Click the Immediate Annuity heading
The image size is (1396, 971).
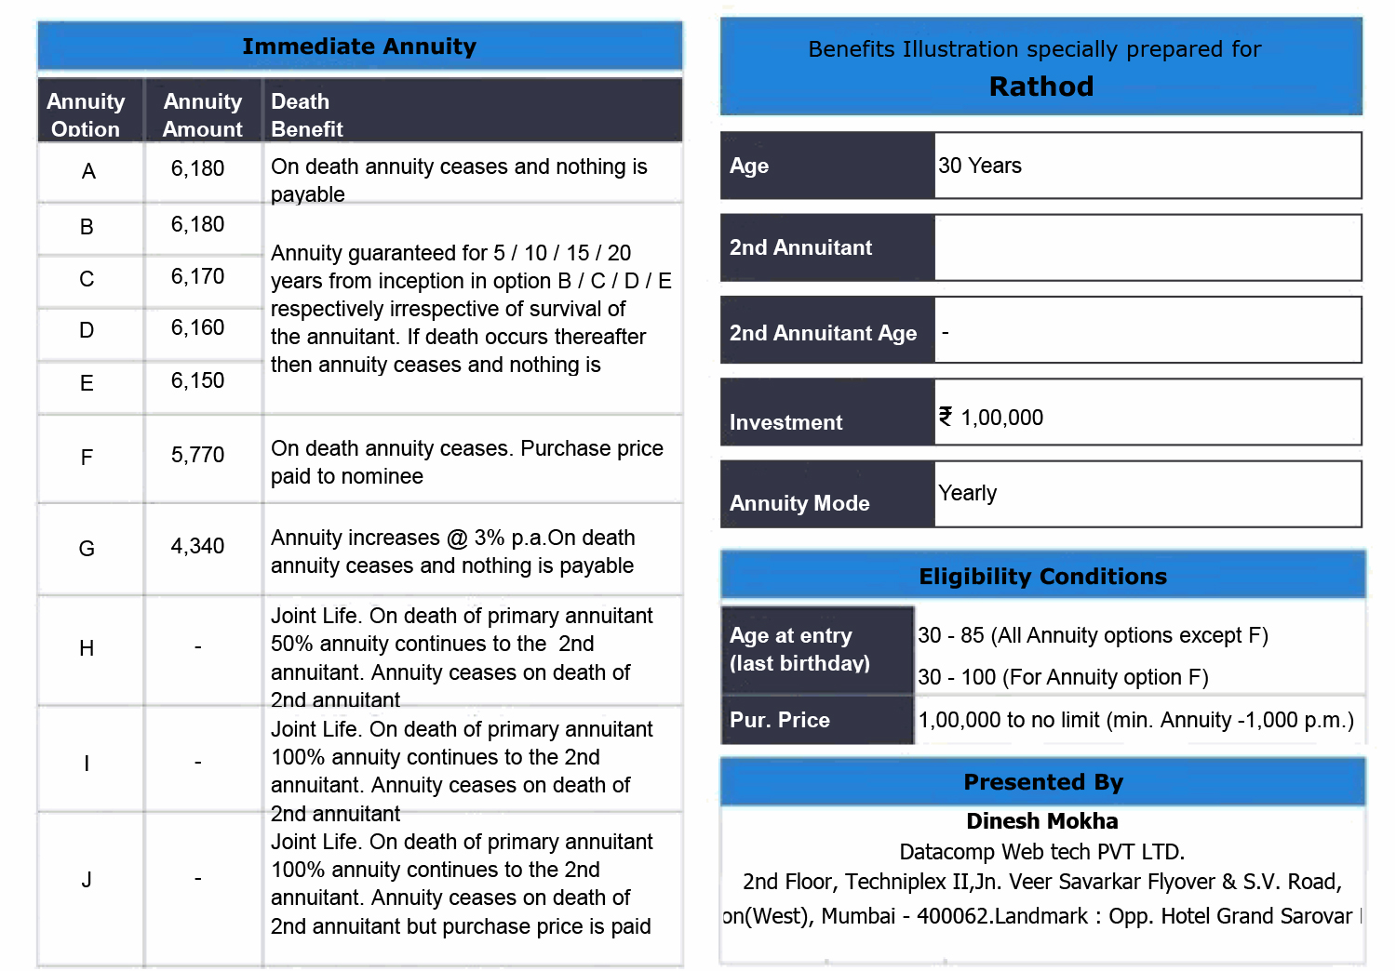[x=359, y=47]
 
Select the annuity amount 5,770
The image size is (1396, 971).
[x=197, y=455]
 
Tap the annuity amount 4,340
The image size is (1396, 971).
[x=197, y=546]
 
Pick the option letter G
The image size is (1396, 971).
[x=87, y=549]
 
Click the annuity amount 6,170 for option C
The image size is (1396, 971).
[x=197, y=276]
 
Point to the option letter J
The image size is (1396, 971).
[x=87, y=880]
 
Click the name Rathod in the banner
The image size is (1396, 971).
[x=1040, y=86]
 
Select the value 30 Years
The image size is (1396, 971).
[x=980, y=166]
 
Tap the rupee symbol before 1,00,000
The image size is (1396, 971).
[x=946, y=417]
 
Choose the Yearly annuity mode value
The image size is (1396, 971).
[x=968, y=493]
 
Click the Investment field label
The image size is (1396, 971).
[x=785, y=422]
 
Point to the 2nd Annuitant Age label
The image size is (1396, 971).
[x=823, y=333]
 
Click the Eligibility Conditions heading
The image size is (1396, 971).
[x=1042, y=577]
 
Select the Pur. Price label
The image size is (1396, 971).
[x=780, y=720]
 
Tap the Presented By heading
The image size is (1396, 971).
[x=1043, y=782]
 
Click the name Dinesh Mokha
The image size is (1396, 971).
[x=1042, y=821]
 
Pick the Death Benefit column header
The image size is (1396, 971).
[x=306, y=114]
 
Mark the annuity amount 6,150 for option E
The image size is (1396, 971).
[x=197, y=380]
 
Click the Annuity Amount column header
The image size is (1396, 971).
[x=202, y=114]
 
